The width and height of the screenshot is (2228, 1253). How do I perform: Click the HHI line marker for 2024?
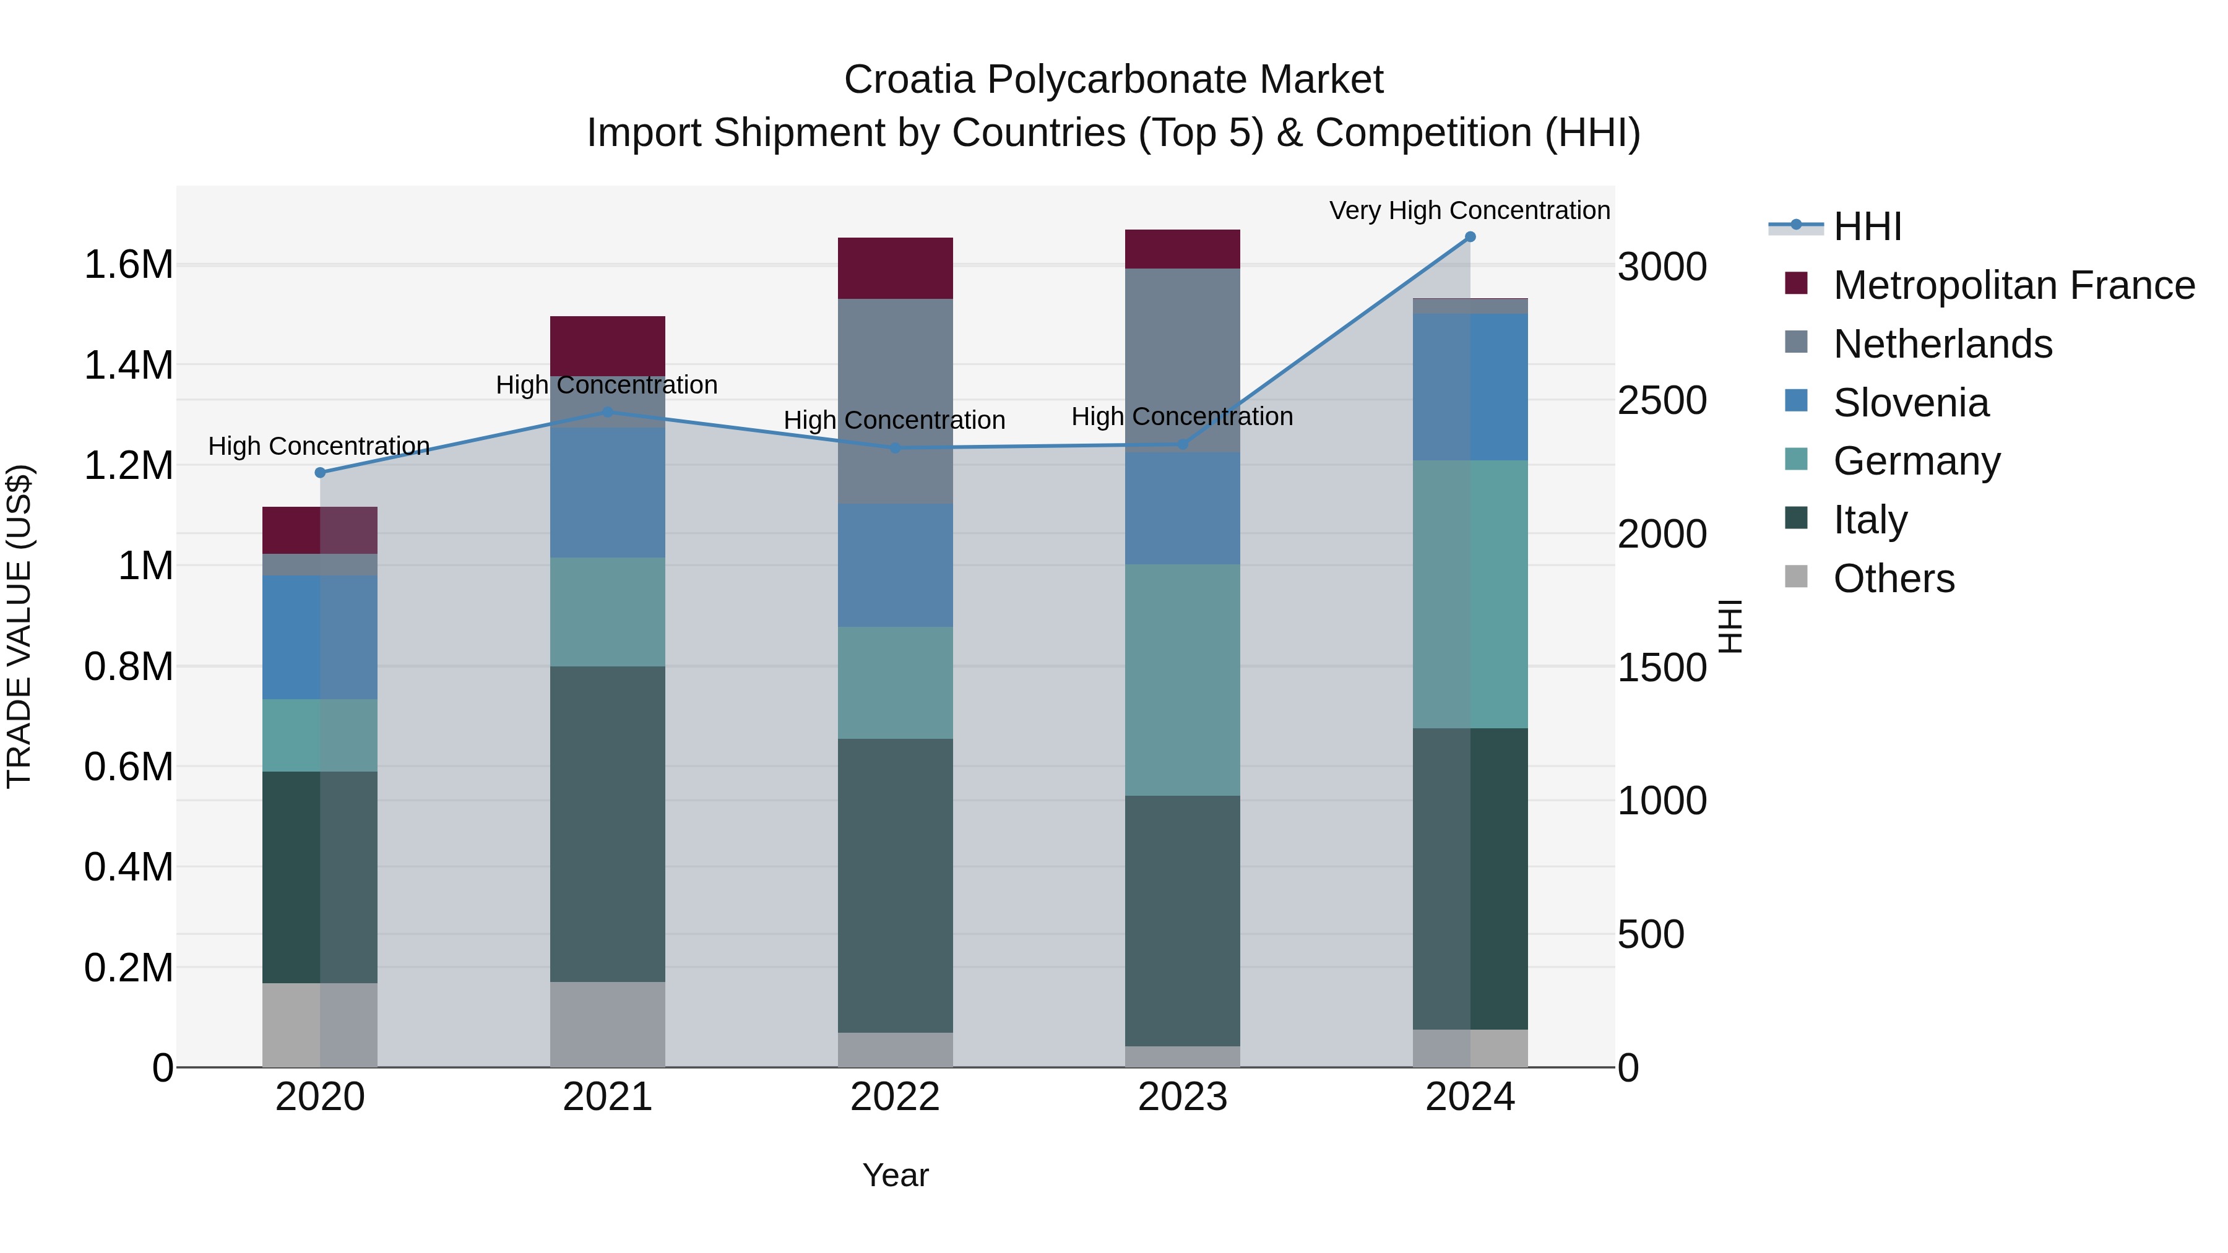click(x=1469, y=237)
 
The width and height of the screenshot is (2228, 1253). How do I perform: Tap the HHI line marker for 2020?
click(x=320, y=472)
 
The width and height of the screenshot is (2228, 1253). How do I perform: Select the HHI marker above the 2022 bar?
click(x=895, y=448)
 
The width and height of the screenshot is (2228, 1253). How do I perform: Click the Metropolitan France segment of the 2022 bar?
click(x=895, y=268)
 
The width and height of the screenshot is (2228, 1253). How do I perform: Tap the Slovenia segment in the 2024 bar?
click(x=1469, y=387)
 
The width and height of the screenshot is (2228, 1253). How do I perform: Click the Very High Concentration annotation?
click(x=1469, y=210)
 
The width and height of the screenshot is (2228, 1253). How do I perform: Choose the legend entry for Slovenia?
click(x=1911, y=403)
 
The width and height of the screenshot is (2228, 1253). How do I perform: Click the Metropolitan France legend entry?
click(x=2013, y=285)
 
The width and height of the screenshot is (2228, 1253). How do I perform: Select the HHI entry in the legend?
click(x=1867, y=226)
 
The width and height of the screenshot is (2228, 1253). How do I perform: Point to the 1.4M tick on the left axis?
click(x=129, y=365)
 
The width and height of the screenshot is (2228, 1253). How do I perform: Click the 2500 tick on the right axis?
click(x=1662, y=400)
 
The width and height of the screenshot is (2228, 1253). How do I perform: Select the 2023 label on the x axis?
click(x=1182, y=1097)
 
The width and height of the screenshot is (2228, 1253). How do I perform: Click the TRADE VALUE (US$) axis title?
click(x=19, y=626)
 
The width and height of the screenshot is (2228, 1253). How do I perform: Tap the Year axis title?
click(x=895, y=1175)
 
